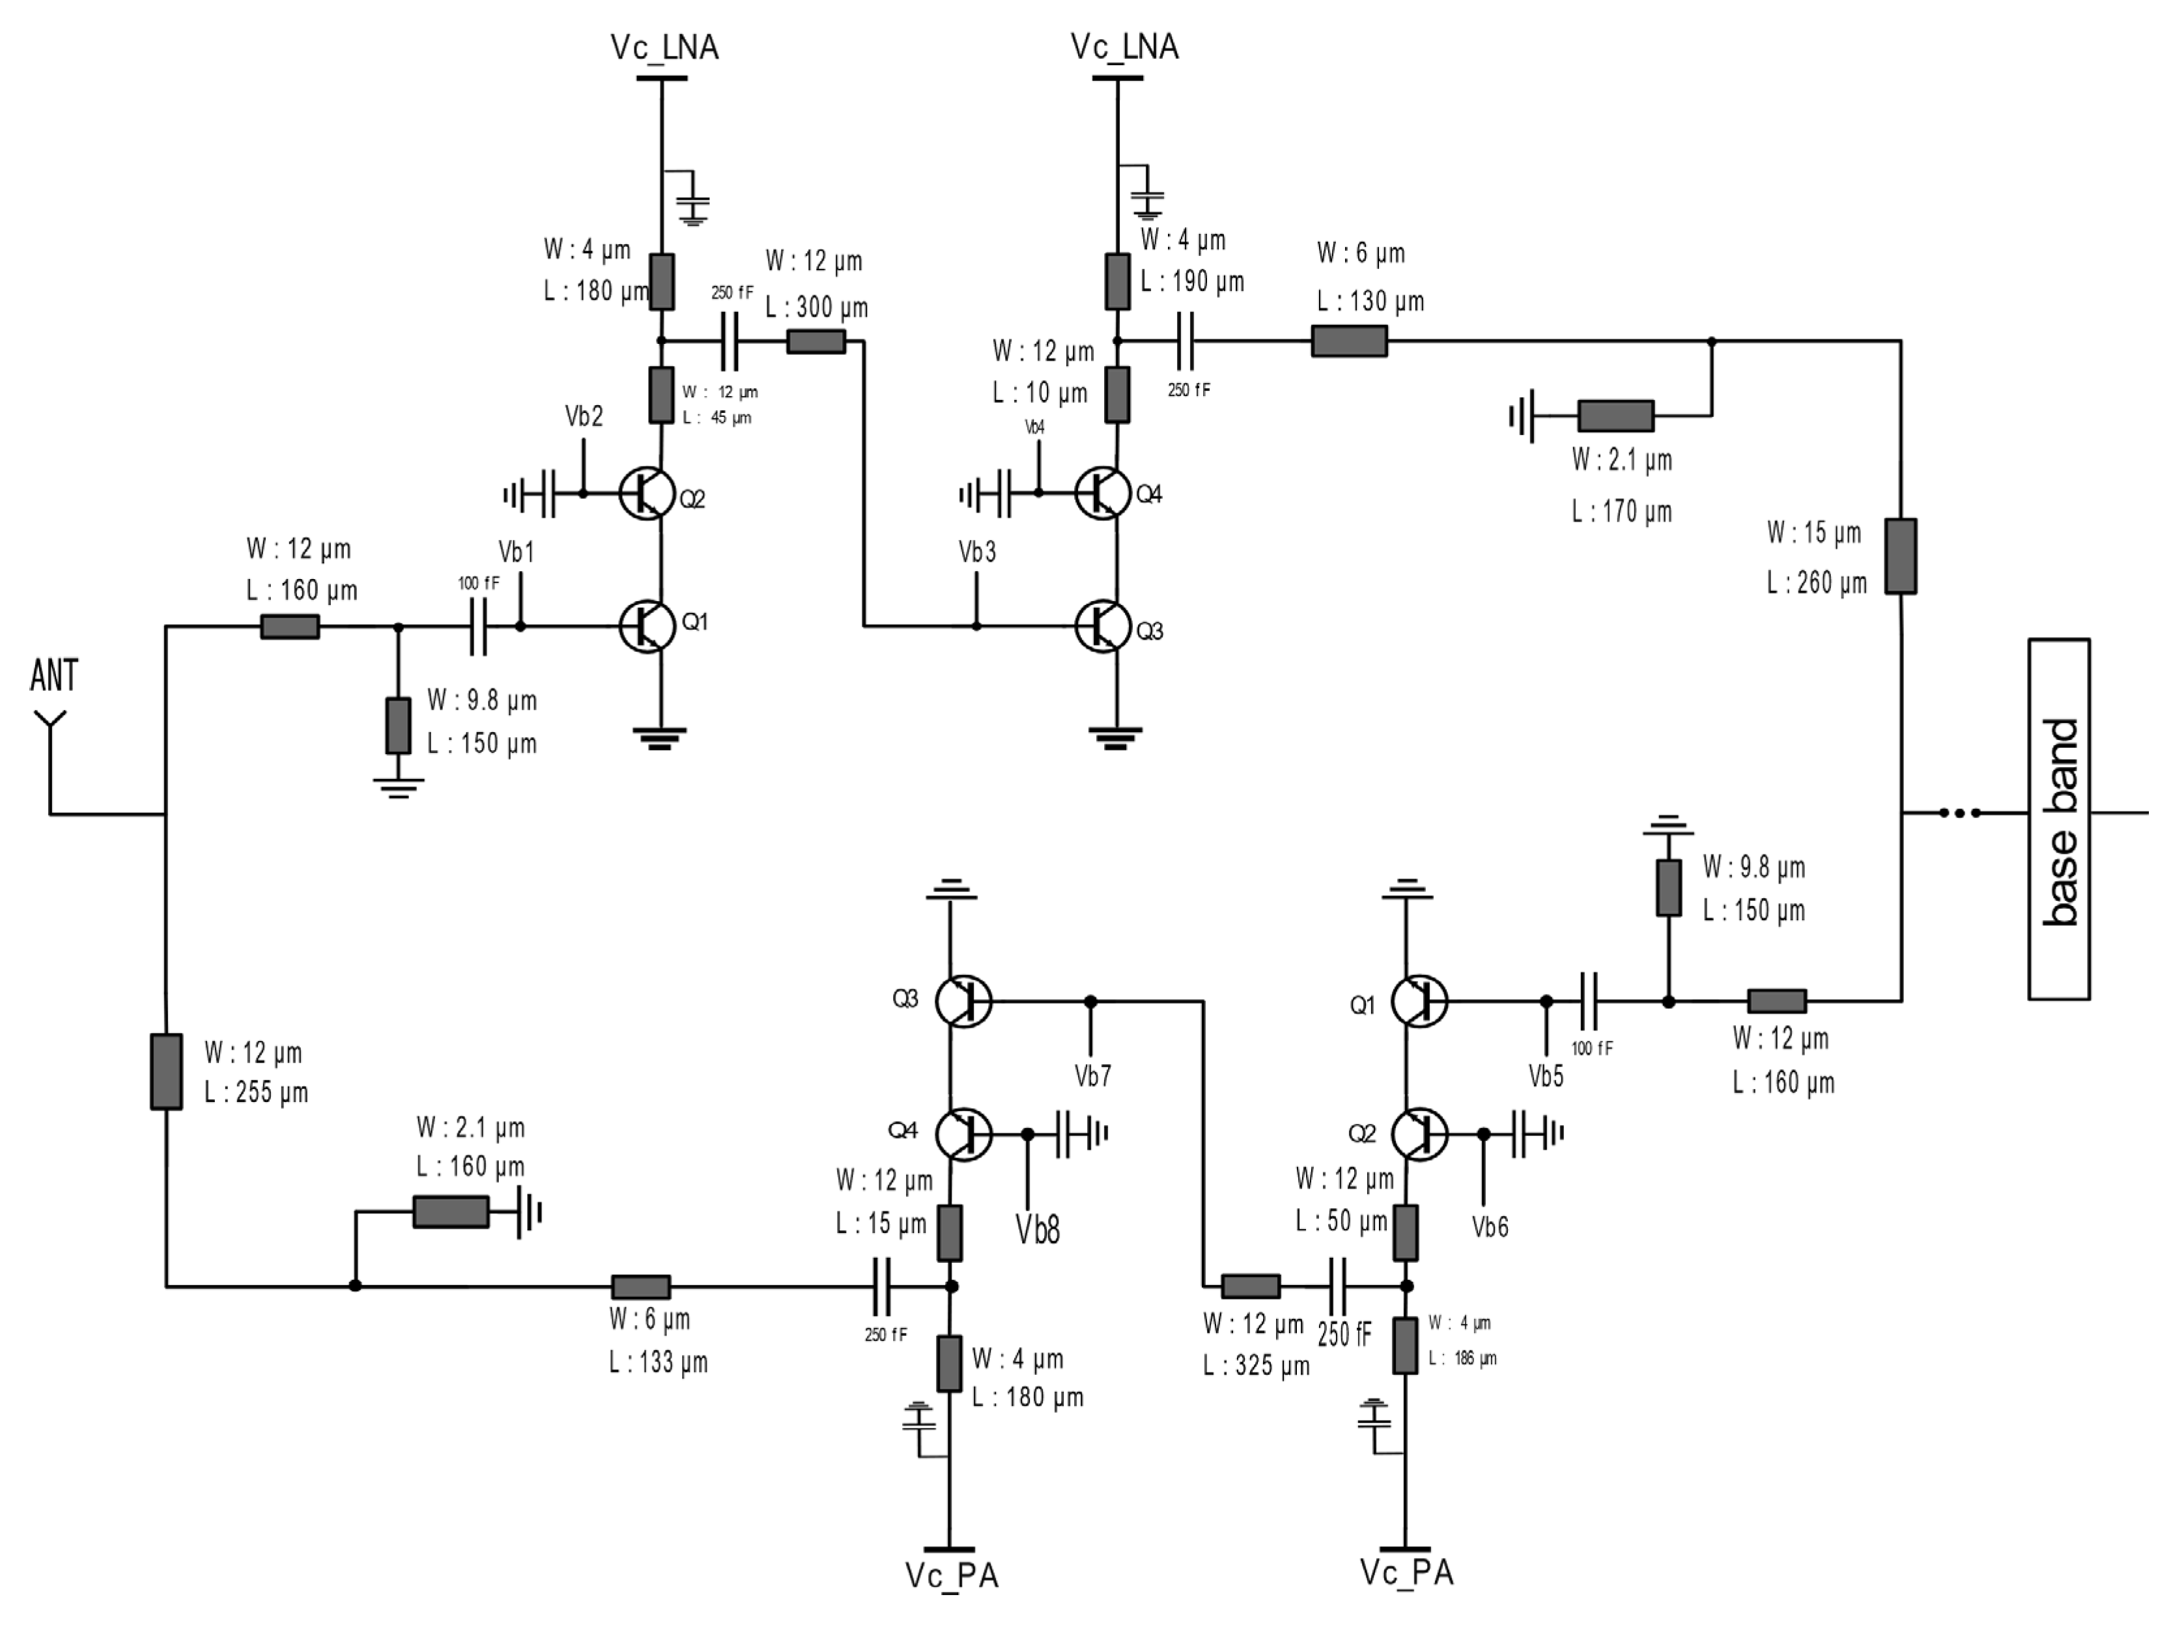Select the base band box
pos(2059,819)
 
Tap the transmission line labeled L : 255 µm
pos(166,1071)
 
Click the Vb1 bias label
pos(517,552)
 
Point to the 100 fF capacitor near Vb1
pos(478,627)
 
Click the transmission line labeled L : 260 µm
pos(1900,556)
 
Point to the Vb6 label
pos(1489,1227)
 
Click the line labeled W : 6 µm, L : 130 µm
pos(1349,341)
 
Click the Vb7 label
pos(1092,1077)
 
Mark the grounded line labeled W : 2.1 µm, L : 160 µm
pos(450,1212)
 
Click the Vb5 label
pos(1545,1077)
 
